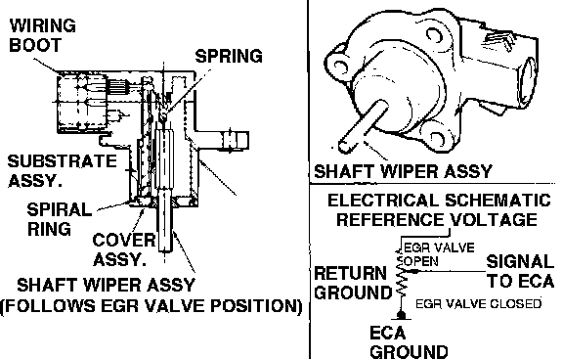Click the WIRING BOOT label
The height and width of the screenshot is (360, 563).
(x=42, y=35)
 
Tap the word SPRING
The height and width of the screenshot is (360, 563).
(x=229, y=56)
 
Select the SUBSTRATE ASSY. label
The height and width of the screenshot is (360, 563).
(x=63, y=170)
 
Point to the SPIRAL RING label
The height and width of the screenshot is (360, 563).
(x=59, y=219)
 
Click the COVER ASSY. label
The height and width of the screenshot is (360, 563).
(x=124, y=249)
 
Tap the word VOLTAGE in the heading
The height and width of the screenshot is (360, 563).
(x=494, y=219)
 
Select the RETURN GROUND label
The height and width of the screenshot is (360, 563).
(x=353, y=283)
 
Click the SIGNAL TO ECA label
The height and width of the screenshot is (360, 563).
(x=520, y=271)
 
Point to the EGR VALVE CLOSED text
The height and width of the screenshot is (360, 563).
(x=478, y=303)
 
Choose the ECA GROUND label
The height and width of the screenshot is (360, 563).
(x=409, y=342)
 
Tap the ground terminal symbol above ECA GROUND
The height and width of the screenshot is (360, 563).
(x=401, y=316)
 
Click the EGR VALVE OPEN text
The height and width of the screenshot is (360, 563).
(x=439, y=254)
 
